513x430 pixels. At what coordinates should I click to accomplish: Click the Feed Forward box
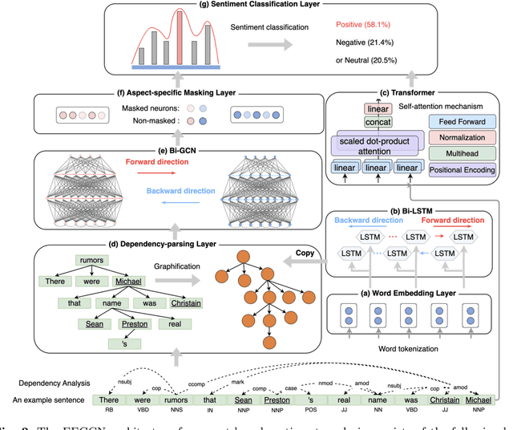click(x=463, y=121)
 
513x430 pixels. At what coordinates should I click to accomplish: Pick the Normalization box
click(x=463, y=137)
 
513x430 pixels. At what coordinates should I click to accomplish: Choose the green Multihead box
click(x=463, y=153)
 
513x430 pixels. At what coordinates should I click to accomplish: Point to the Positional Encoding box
click(x=463, y=170)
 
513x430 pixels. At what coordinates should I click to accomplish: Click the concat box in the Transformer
click(x=378, y=122)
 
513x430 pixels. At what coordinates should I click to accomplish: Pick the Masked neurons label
click(x=148, y=107)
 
